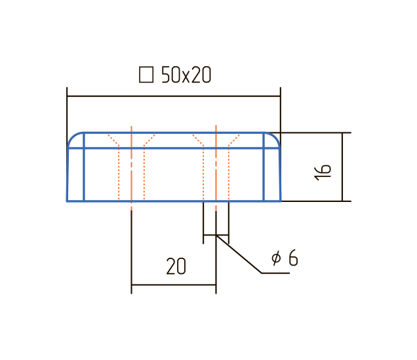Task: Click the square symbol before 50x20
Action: pos(146,75)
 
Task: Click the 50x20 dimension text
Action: pos(186,75)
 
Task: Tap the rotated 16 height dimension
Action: pos(323,172)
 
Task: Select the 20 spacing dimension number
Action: pos(176,266)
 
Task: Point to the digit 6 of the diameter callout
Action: pos(293,258)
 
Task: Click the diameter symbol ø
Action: pos(276,258)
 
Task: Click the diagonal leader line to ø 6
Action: pos(239,254)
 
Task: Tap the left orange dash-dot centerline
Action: pos(131,168)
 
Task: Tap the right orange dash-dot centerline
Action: pos(216,168)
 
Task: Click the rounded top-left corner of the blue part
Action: pos(72,136)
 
